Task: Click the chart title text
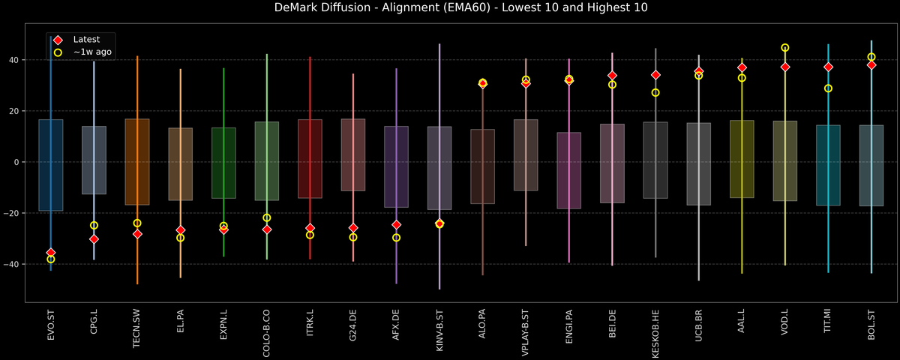450,8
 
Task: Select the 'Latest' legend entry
85,39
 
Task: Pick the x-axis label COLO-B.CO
267,331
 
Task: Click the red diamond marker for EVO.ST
51,253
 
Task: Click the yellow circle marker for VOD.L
785,48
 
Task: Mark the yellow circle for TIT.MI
828,88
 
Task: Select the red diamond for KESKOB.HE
655,75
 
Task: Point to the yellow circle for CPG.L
94,225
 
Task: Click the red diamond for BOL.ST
871,65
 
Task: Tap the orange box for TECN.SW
137,162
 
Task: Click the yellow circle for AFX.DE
396,238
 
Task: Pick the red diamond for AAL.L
742,67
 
